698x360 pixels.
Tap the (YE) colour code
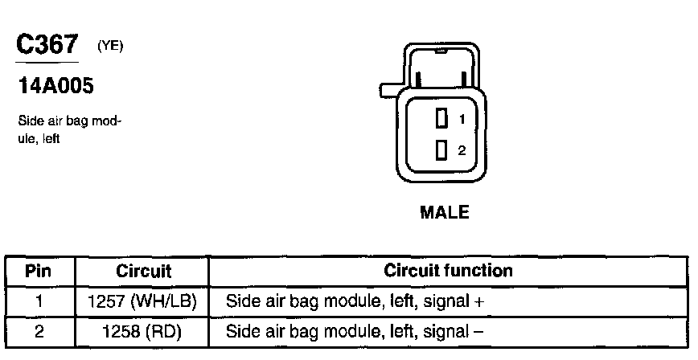click(x=110, y=47)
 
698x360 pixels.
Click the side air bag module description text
click(x=69, y=129)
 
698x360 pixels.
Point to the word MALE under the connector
click(x=444, y=214)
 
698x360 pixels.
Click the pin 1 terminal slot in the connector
click(x=441, y=119)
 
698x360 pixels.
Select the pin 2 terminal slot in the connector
click(x=441, y=149)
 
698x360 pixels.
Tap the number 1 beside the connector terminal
click(x=462, y=119)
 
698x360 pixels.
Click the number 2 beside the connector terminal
click(x=462, y=150)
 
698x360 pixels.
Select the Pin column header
click(x=39, y=272)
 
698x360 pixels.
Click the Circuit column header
click(x=144, y=272)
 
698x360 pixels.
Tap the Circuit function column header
click(x=448, y=271)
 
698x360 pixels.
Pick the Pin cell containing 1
click(x=39, y=302)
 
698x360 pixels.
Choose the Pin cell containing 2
click(x=39, y=331)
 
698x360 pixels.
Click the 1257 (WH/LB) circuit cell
click(x=144, y=302)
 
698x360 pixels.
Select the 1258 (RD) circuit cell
click(x=144, y=331)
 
